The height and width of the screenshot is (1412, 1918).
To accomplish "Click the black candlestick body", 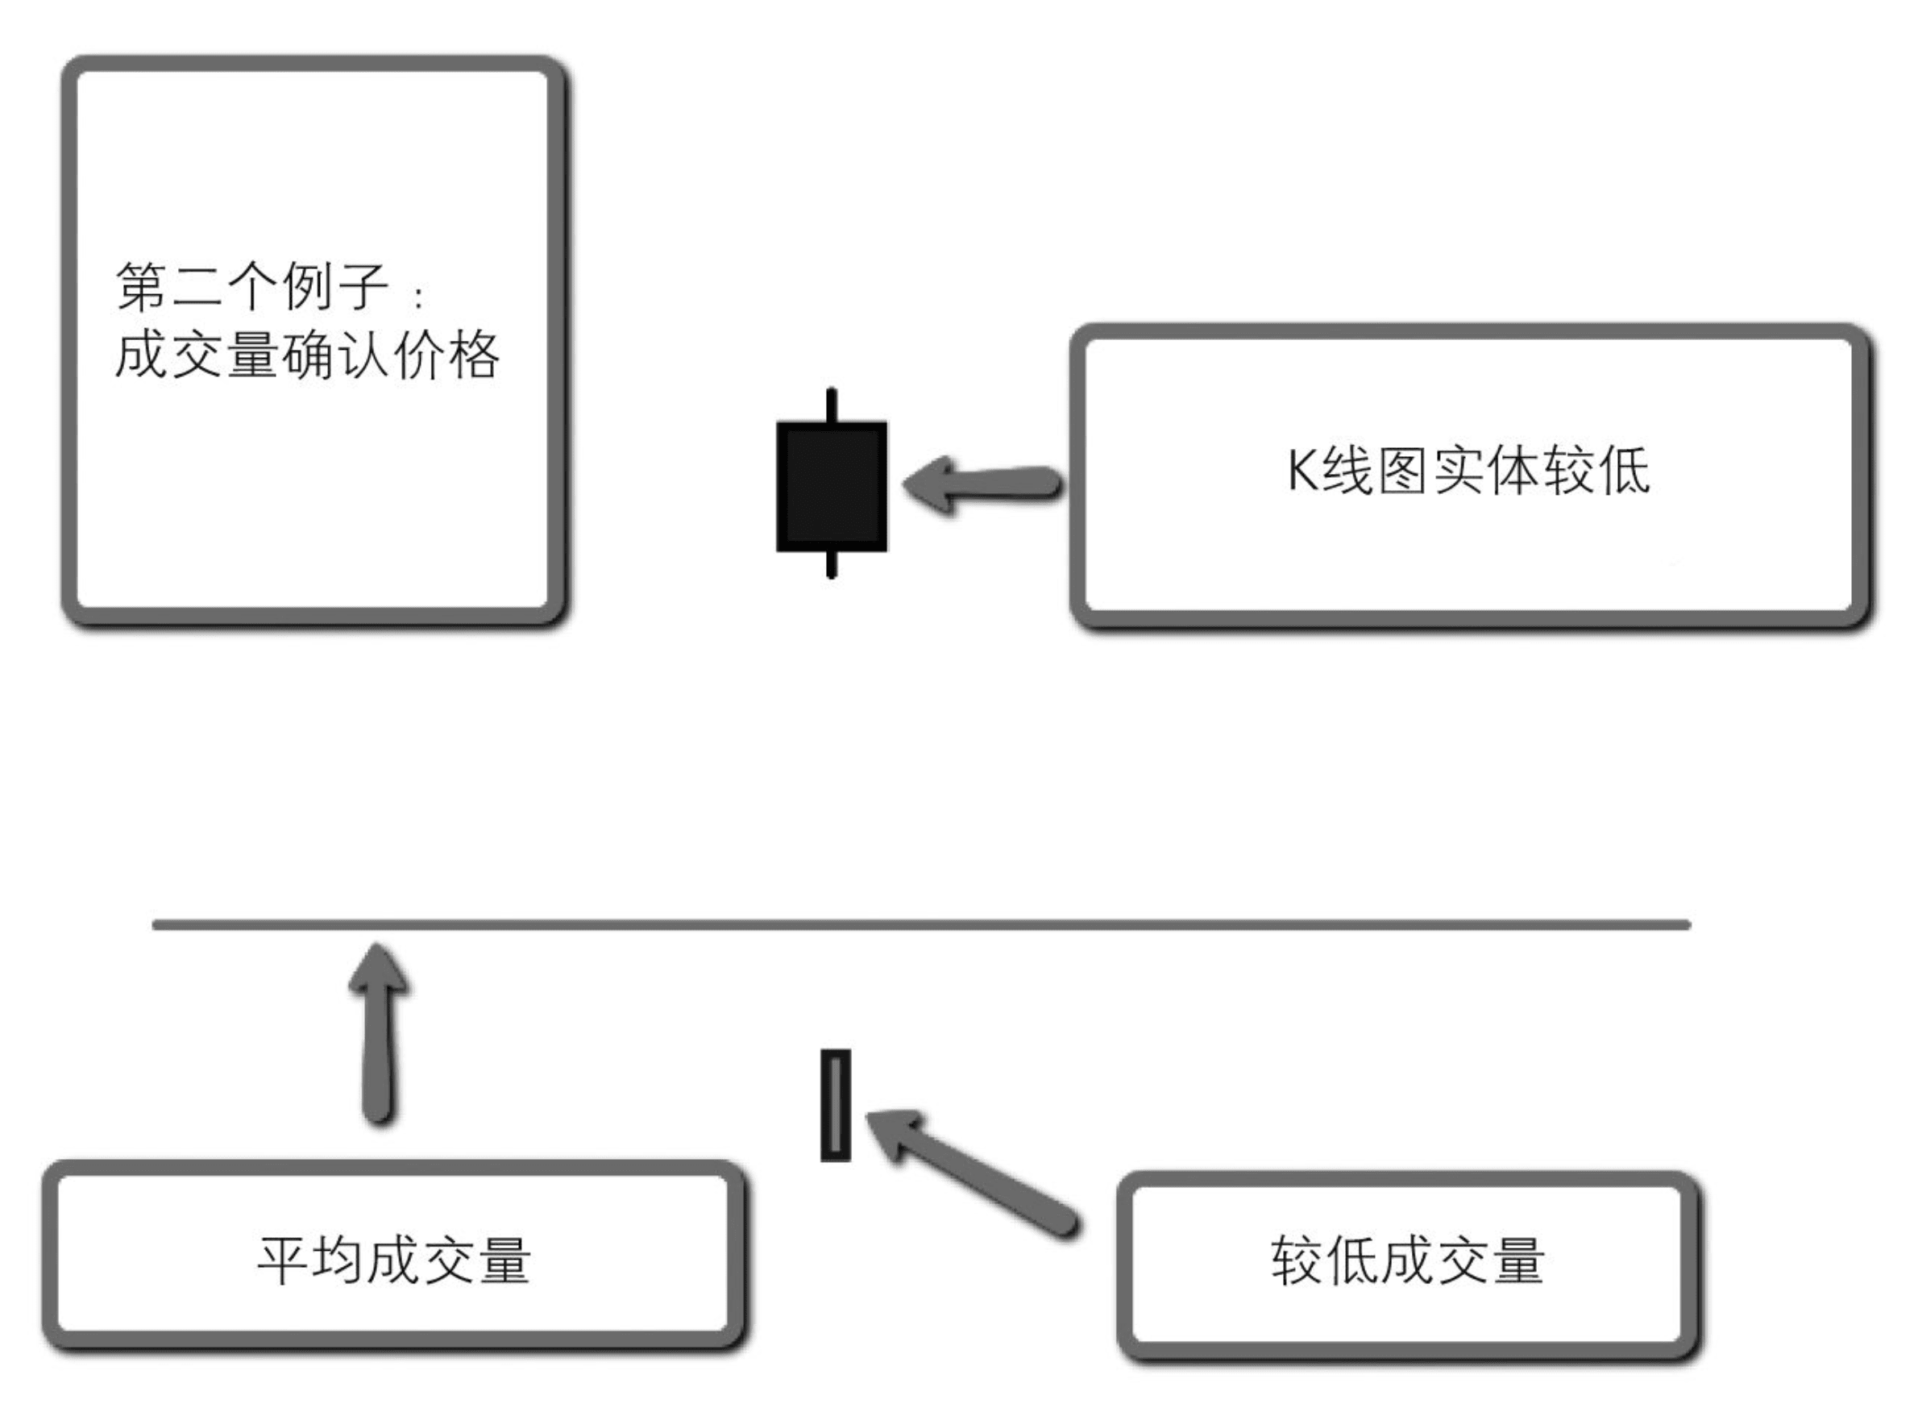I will [x=831, y=485].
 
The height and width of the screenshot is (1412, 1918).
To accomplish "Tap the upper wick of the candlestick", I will [x=831, y=405].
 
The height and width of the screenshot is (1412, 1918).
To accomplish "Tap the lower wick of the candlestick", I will [x=831, y=564].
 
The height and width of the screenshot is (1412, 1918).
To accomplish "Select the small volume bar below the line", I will [x=835, y=1105].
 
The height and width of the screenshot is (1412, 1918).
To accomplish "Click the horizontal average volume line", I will [x=921, y=924].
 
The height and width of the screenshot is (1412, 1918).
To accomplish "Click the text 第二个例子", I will [x=252, y=287].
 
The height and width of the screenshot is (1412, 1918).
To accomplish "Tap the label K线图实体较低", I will [x=1468, y=470].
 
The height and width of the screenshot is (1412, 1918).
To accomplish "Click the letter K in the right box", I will [x=1301, y=470].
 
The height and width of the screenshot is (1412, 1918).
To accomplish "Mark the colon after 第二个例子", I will [x=418, y=297].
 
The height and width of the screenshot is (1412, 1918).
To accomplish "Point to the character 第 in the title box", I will [x=140, y=287].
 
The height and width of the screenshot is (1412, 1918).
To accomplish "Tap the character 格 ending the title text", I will [x=473, y=355].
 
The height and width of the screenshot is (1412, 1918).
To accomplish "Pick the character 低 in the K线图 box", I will [x=1621, y=470].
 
